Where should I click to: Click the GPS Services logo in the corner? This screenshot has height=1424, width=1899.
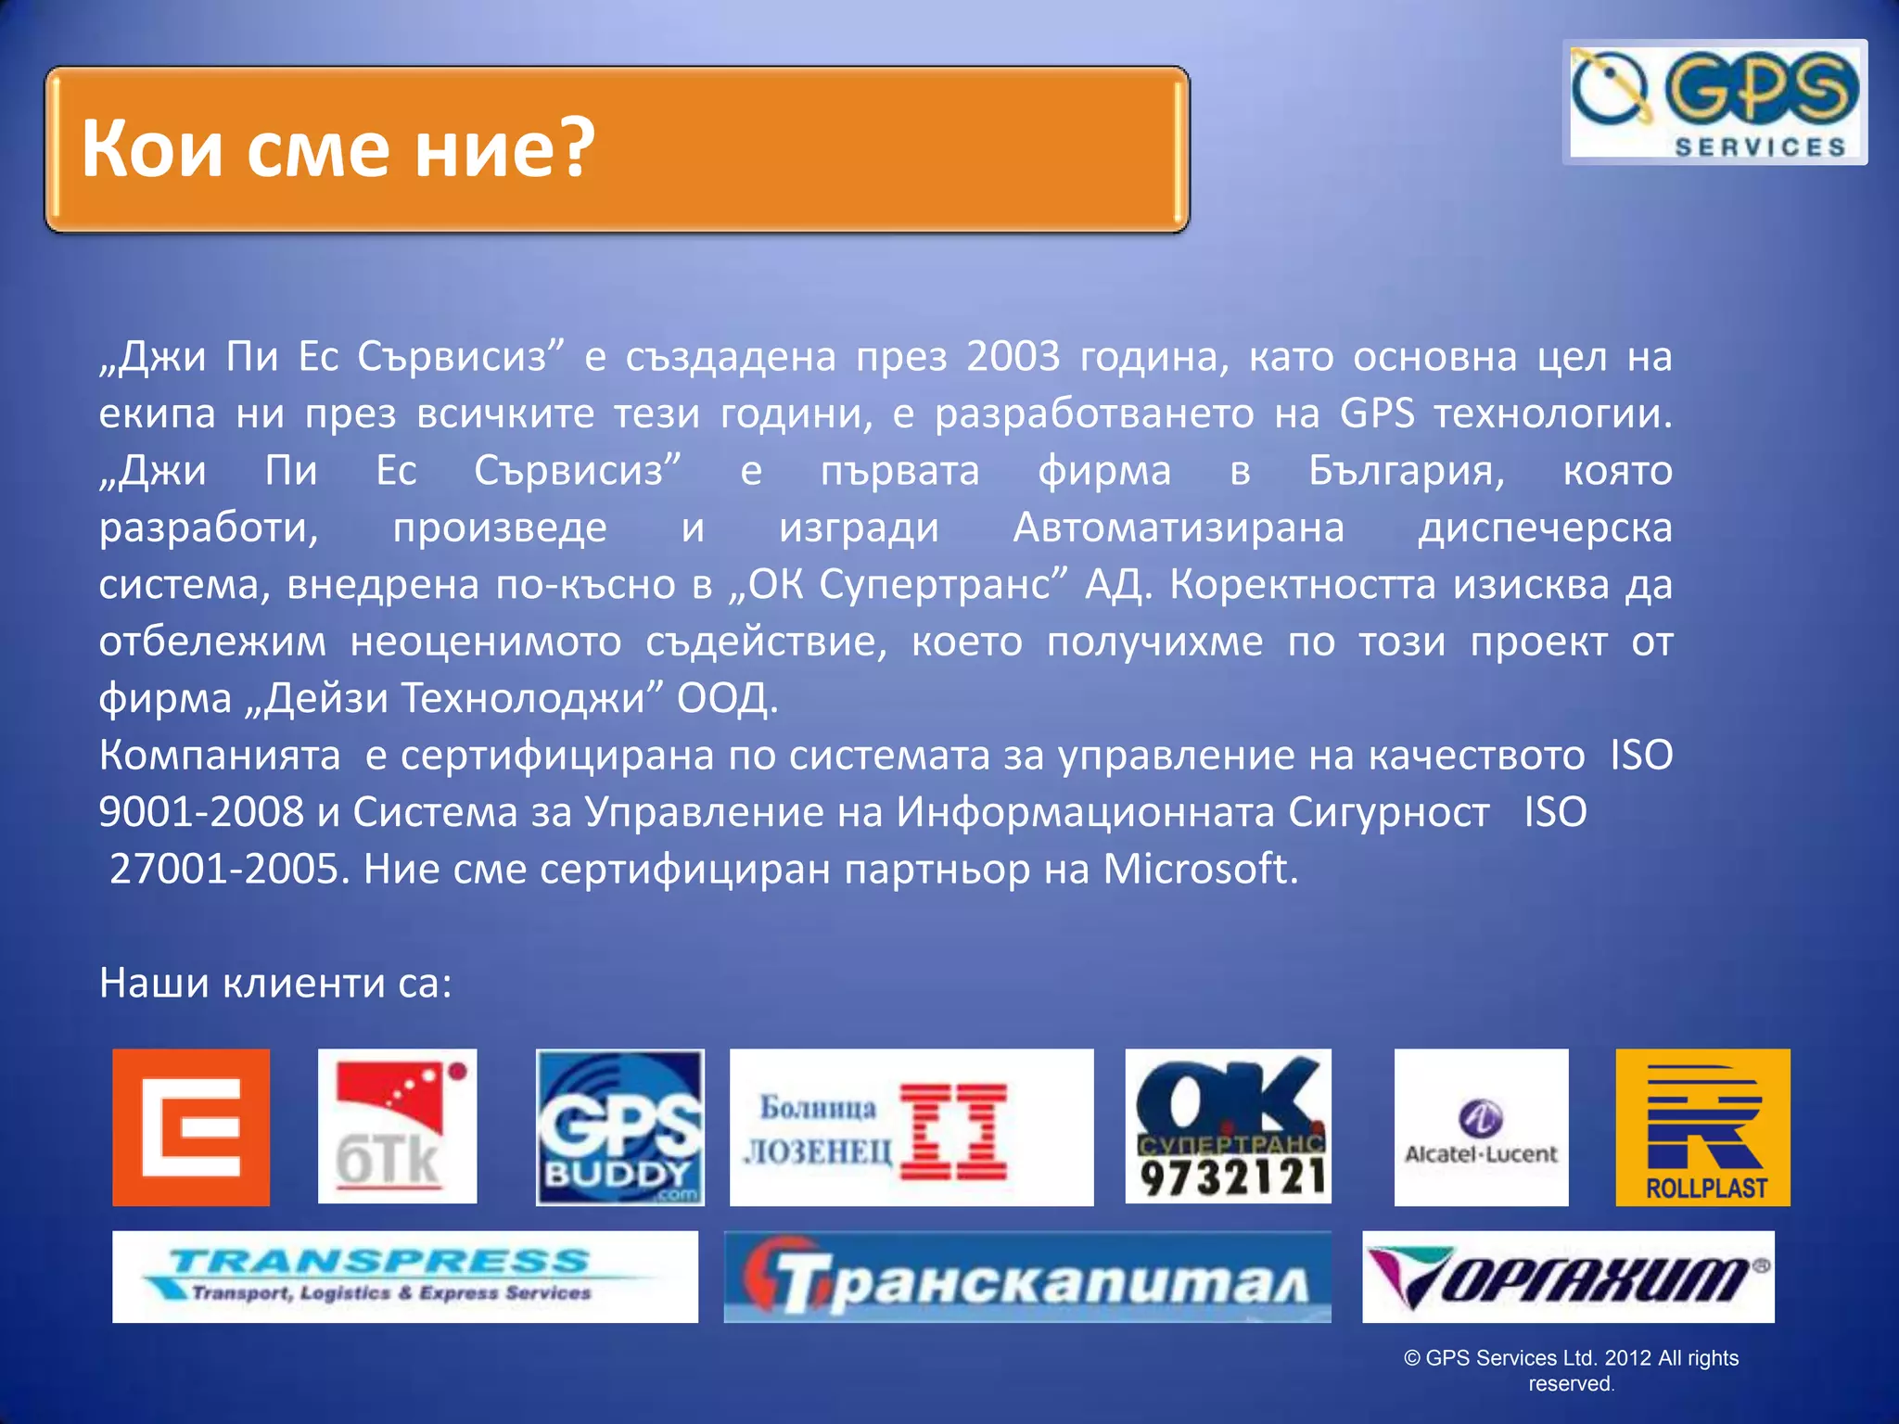[1714, 102]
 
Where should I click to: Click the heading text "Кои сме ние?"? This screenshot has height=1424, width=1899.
[338, 148]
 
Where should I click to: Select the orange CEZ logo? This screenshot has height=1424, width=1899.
[191, 1127]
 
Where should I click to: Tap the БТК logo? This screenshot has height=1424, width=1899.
[397, 1127]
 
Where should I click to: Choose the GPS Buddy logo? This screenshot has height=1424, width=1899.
[620, 1127]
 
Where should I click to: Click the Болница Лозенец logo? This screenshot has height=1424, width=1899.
[911, 1127]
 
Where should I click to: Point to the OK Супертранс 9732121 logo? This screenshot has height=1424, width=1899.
[1229, 1127]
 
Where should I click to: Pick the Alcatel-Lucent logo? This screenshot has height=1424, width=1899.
[1481, 1127]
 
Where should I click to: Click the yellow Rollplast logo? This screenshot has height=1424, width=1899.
[1702, 1127]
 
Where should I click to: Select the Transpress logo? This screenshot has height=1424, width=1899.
[405, 1277]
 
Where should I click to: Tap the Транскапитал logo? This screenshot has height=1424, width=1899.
[1027, 1277]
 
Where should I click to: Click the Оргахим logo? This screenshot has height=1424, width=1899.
[1568, 1277]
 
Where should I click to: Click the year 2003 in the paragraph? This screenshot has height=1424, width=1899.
[1013, 357]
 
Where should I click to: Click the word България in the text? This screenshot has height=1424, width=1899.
[1406, 471]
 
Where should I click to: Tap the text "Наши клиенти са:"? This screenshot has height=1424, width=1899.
[275, 983]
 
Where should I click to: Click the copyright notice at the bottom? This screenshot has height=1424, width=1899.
[1571, 1370]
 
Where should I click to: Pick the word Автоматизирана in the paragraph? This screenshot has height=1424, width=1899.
[1179, 528]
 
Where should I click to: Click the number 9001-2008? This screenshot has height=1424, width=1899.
[201, 812]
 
